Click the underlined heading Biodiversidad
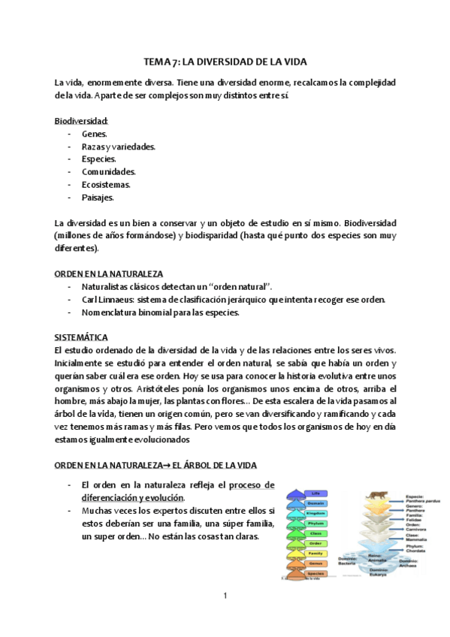[81, 121]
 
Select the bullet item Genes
[95, 134]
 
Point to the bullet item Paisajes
[98, 198]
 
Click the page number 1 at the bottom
[225, 596]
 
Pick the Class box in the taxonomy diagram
[315, 533]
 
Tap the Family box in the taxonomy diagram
[315, 553]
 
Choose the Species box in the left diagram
[315, 573]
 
